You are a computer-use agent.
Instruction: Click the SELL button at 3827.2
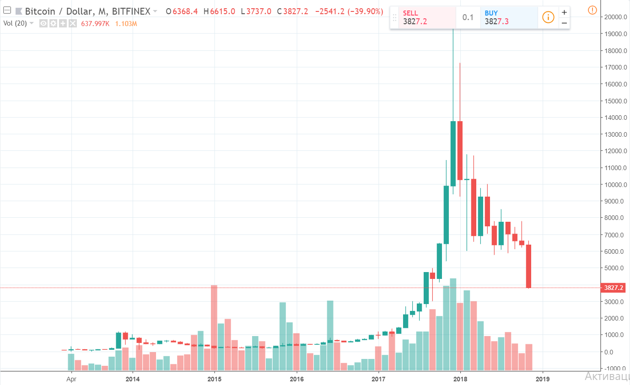[426, 17]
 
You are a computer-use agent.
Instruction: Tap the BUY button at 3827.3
[508, 17]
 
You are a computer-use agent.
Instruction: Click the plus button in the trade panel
[564, 12]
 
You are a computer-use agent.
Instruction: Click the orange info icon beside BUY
[548, 17]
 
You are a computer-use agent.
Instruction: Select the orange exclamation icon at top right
[593, 8]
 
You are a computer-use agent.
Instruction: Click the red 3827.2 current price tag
[613, 288]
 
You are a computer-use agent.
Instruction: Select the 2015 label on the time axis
[215, 379]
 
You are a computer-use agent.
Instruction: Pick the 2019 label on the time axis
[542, 379]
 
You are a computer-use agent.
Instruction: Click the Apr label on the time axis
[71, 379]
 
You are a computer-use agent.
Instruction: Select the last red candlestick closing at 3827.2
[528, 266]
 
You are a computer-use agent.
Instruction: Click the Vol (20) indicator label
[16, 23]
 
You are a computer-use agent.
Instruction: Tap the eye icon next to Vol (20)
[44, 23]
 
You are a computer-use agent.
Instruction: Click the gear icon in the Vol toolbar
[53, 23]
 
